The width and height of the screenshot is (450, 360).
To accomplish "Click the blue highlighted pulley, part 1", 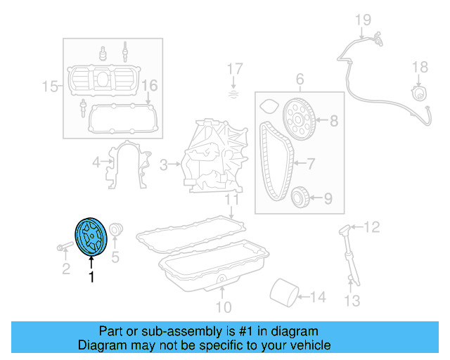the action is tap(89, 237).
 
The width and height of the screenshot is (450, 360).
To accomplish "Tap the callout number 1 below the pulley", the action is tap(91, 277).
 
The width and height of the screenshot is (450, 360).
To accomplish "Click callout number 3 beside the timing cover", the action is tap(164, 165).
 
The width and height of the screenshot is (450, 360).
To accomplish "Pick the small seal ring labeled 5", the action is tap(116, 229).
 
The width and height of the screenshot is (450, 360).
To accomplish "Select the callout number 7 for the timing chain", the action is tap(314, 165).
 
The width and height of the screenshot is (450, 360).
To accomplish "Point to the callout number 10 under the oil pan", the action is tap(223, 307).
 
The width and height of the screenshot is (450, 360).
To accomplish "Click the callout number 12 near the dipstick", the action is tap(372, 226).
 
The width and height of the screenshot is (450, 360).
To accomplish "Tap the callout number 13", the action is tap(352, 301).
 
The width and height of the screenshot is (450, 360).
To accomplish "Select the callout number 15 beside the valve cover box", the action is tap(50, 86).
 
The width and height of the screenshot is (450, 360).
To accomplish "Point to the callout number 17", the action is tap(234, 69).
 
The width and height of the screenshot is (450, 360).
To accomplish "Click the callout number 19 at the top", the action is tap(362, 19).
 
